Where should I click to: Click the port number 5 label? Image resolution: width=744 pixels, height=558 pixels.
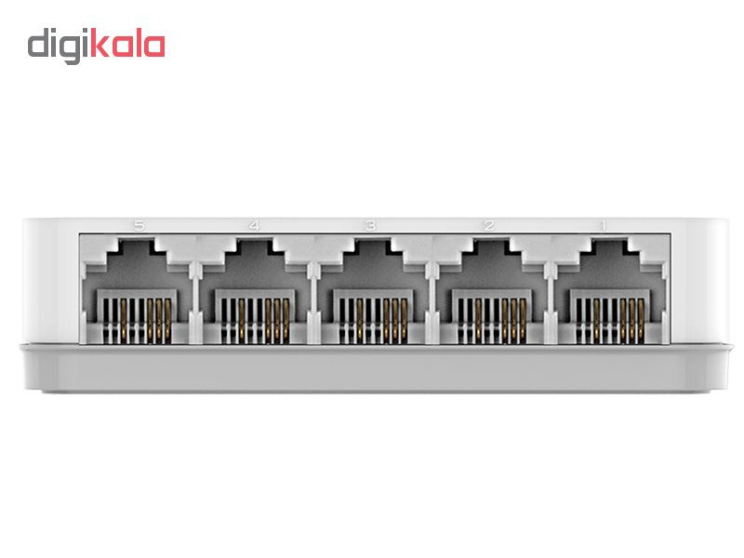coord(139,225)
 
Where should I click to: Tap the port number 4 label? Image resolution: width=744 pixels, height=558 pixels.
coord(255,225)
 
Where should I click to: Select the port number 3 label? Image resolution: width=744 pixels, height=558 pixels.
coord(371,225)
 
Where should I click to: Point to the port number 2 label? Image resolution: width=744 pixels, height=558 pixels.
coord(489,225)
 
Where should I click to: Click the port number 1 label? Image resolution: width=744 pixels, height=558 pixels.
coord(603,225)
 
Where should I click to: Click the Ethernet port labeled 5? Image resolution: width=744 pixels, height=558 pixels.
coord(137,291)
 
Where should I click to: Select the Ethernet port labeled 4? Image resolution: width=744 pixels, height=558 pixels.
coord(255,291)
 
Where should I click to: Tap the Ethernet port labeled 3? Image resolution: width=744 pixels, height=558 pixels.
coord(373,291)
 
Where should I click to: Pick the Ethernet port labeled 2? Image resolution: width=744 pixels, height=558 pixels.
coord(492,291)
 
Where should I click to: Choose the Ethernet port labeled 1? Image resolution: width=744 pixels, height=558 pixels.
coord(610,291)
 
